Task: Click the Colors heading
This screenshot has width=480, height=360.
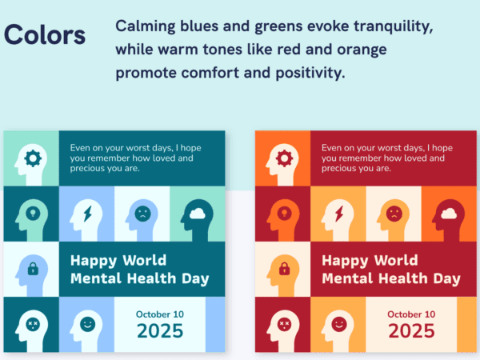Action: tap(45, 35)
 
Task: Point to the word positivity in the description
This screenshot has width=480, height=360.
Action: tap(310, 73)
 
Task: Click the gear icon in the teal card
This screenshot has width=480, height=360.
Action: tap(33, 158)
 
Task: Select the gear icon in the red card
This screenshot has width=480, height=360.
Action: tap(284, 158)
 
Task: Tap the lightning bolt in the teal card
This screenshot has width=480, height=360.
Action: tap(88, 214)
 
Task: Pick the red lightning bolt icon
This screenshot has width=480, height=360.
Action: tap(339, 214)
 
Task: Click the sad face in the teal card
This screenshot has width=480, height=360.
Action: tap(142, 214)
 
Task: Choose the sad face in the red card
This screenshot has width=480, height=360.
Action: tap(394, 214)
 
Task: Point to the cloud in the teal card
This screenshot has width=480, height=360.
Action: tap(198, 214)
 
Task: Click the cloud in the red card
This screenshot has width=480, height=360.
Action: tap(449, 214)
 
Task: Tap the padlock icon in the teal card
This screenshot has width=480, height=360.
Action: tap(33, 269)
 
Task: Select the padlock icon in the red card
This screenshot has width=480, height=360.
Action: tap(284, 269)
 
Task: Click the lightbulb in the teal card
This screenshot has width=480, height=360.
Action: tap(33, 213)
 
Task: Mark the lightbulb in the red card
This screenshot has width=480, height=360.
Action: tap(284, 213)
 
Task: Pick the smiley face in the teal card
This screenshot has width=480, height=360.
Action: tap(87, 324)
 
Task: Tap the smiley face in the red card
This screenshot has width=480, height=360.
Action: tap(339, 324)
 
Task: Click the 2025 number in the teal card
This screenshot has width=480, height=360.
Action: tap(160, 331)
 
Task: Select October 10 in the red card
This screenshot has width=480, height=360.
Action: tap(411, 314)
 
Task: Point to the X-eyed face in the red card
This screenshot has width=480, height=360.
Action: tap(284, 324)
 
